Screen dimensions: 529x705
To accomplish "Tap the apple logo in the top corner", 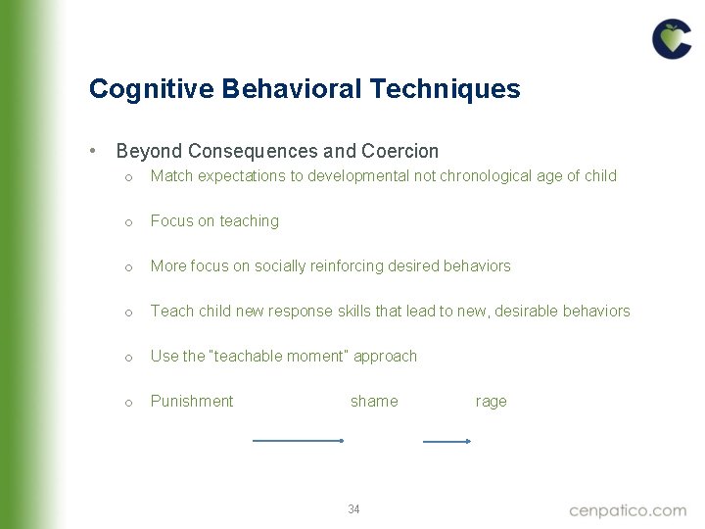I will [672, 39].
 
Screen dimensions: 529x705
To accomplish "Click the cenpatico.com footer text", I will [628, 509].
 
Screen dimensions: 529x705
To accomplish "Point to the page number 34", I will [353, 509].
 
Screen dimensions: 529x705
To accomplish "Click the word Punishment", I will [192, 401].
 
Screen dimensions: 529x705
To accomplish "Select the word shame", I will [374, 401].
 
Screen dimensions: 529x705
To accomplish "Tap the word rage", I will [491, 401].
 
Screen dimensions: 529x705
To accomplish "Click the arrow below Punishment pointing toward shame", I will [299, 441].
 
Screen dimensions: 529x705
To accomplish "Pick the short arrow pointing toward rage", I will [446, 441].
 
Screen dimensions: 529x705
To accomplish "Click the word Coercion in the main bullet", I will [400, 152].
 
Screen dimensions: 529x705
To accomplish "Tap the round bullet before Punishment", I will [128, 403].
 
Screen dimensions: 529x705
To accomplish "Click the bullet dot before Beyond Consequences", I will [91, 151].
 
